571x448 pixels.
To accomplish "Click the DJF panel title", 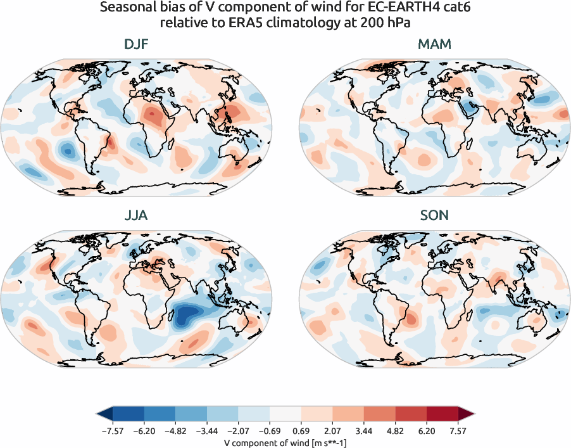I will coord(137,45).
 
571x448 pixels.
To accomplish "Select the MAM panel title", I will coord(434,45).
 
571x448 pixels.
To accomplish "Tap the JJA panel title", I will coord(137,215).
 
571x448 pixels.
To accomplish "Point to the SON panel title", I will coord(434,215).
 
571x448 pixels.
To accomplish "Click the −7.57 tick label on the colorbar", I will coord(112,430).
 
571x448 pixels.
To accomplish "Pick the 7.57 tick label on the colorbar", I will coord(458,430).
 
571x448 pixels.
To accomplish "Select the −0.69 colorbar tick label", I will coord(269,430).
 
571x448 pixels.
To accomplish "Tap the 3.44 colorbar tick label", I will coord(364,430).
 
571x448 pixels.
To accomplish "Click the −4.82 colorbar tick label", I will coord(175,430).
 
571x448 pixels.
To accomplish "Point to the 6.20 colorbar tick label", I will coord(427,430).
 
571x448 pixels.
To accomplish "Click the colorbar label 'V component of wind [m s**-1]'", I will coord(285,442).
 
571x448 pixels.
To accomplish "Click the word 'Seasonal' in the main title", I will coord(125,9).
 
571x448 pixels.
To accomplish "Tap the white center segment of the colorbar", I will coord(285,415).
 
